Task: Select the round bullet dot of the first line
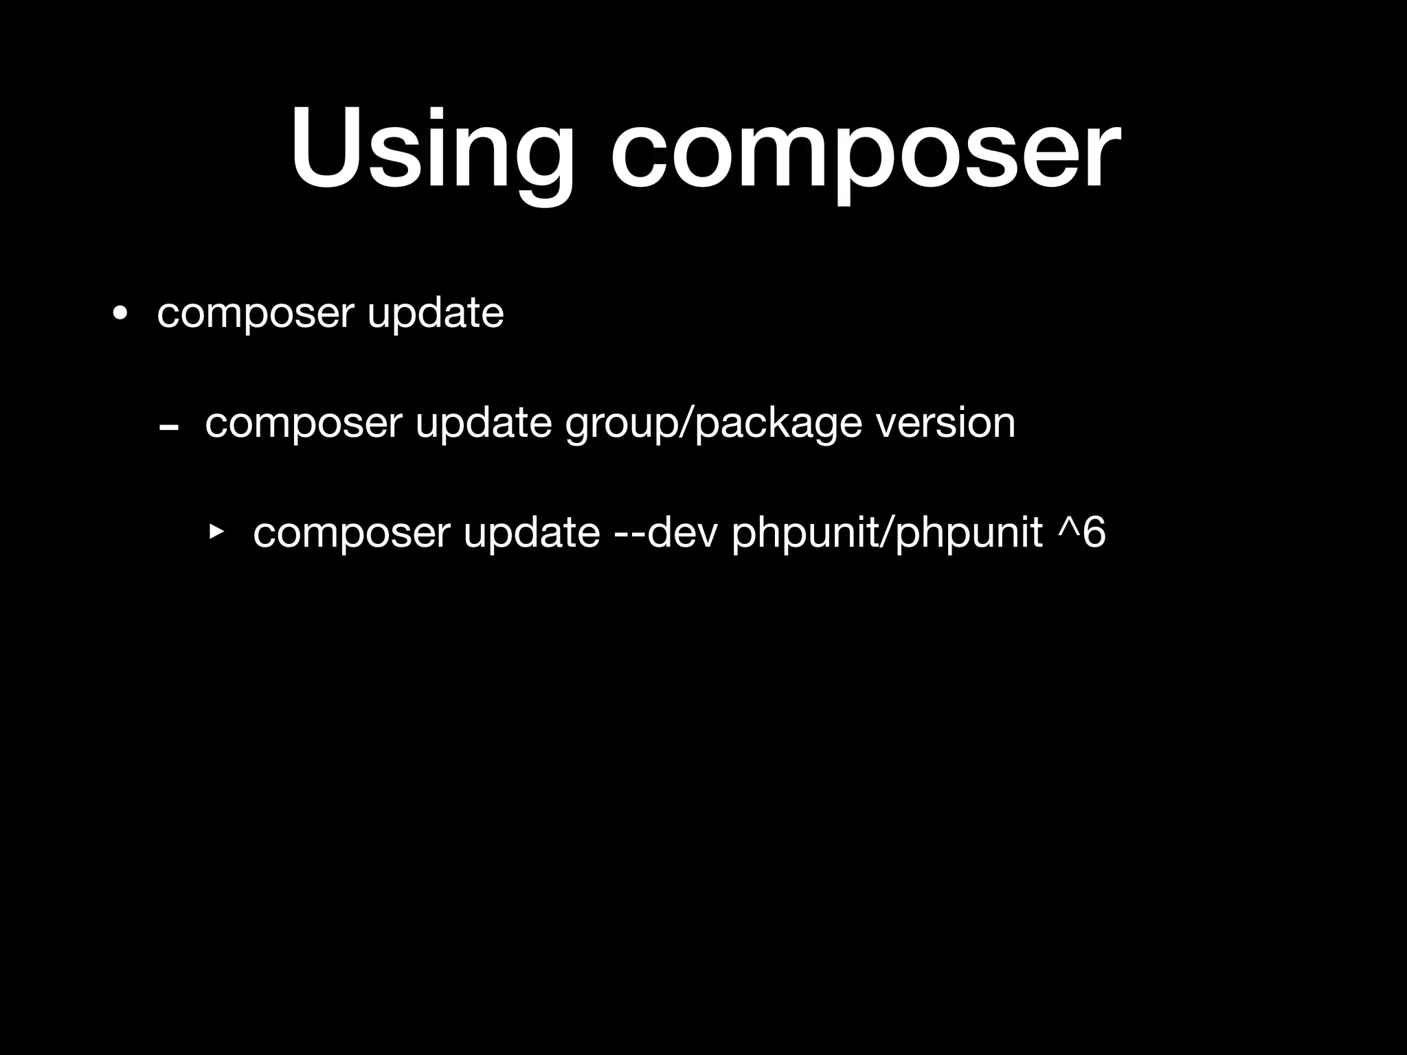click(x=121, y=315)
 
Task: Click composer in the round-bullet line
click(x=255, y=315)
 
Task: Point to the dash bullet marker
click(x=168, y=427)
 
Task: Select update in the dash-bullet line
click(x=484, y=423)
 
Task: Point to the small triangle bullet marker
click(x=216, y=530)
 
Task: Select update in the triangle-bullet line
click(x=532, y=533)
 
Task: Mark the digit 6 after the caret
click(x=1094, y=532)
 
